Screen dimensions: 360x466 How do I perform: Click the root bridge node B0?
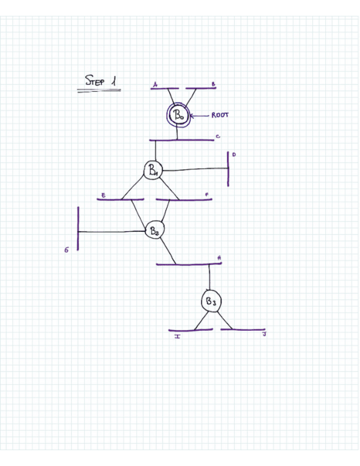coord(179,115)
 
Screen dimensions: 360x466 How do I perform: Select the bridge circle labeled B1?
coord(152,170)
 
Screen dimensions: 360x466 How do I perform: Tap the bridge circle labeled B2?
coord(154,231)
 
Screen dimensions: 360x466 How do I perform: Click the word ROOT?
coord(220,115)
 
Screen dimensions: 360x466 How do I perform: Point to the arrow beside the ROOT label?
coord(201,115)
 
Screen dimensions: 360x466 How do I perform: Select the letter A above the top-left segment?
coord(156,85)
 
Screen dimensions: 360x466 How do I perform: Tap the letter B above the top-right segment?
coord(213,84)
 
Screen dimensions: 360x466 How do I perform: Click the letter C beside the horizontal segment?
coord(218,136)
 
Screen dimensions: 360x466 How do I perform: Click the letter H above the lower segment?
coord(219,257)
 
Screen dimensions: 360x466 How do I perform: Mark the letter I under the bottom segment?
coord(178,336)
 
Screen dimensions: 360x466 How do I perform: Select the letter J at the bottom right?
coord(264,335)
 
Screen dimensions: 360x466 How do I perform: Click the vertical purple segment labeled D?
coord(228,169)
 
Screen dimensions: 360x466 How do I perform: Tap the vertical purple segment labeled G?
coord(78,228)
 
